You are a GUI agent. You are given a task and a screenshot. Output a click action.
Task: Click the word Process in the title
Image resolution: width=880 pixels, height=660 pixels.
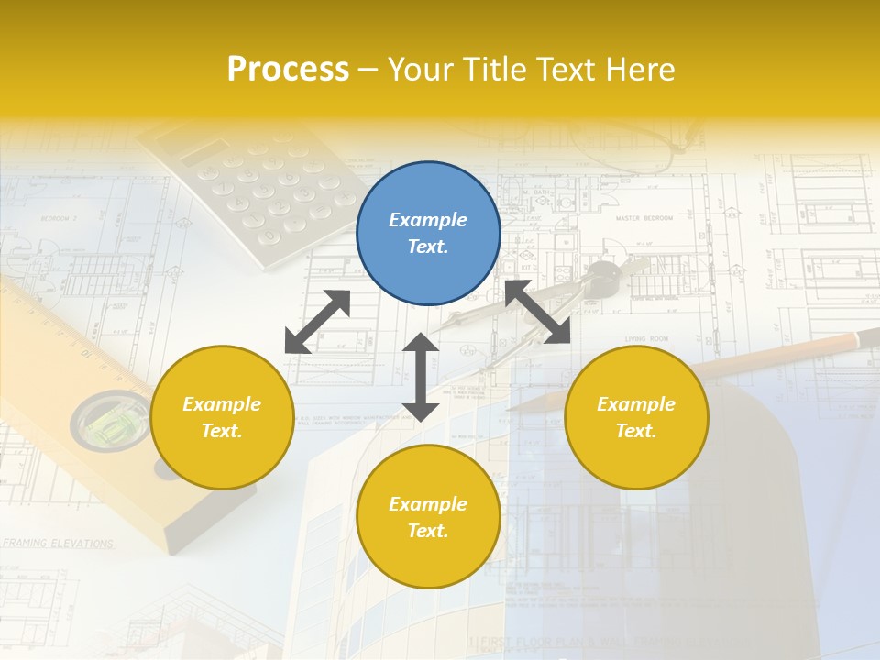point(288,70)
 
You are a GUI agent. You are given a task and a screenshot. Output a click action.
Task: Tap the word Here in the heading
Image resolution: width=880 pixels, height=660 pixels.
point(642,70)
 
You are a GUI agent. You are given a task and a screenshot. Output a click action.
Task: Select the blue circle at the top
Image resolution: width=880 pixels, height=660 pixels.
point(428,234)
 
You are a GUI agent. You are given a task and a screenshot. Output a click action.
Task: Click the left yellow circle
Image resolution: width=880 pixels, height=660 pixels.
point(222,417)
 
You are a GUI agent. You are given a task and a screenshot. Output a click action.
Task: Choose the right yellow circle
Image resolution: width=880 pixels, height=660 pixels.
point(636,417)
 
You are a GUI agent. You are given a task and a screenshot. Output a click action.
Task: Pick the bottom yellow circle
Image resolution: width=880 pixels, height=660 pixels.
point(428,516)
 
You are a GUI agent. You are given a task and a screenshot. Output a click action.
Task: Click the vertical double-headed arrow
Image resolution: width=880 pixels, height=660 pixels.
point(421,377)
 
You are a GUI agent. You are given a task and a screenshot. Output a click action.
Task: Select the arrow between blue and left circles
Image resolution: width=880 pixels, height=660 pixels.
point(317,322)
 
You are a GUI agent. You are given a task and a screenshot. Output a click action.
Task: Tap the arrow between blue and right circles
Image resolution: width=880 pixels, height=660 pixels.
point(537,312)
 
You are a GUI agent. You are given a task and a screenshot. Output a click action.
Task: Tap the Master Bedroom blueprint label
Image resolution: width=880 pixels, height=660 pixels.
point(643,219)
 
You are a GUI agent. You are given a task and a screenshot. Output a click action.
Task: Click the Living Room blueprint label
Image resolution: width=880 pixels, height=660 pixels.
point(647,339)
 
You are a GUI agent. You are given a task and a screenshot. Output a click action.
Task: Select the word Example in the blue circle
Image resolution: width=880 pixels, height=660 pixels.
point(428,220)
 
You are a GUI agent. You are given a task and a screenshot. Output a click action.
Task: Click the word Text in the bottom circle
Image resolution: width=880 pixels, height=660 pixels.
point(427,531)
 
